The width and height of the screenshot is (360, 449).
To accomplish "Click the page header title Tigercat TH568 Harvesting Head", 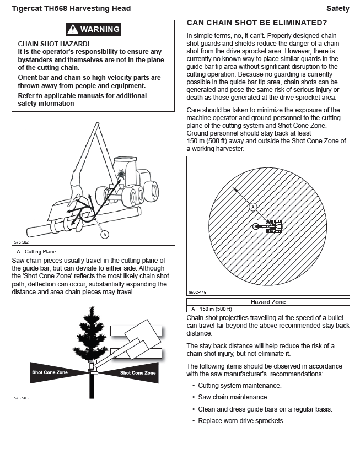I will (71, 8).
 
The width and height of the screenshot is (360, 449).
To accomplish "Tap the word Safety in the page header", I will (337, 8).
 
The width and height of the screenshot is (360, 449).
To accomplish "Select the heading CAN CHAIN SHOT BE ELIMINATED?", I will (257, 23).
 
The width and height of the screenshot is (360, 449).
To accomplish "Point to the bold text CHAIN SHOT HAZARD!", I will (53, 44).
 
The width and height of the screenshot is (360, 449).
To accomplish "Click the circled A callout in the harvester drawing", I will (104, 234).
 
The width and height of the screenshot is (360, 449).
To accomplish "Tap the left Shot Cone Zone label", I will (50, 373).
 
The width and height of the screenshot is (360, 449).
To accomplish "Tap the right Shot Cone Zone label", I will (138, 373).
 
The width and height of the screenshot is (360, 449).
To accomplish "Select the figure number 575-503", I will (21, 397).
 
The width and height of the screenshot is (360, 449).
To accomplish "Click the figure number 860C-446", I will (197, 293).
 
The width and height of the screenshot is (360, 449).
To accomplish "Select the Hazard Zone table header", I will (268, 302).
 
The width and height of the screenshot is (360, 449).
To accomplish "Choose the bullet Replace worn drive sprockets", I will (241, 421).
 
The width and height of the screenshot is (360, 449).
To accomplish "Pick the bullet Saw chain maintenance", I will (233, 397).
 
